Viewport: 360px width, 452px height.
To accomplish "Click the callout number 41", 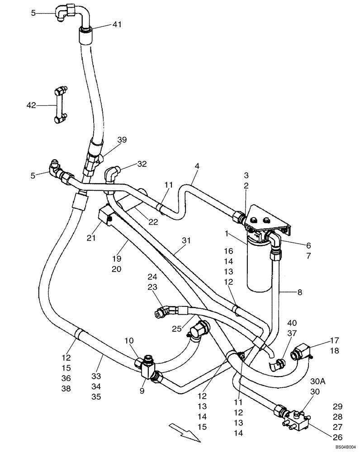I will [117, 24].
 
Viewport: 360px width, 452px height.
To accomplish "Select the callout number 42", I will [31, 105].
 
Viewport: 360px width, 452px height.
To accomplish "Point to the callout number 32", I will [142, 164].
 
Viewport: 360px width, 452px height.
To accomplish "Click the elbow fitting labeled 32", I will [113, 174].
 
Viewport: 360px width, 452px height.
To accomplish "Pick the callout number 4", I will [197, 166].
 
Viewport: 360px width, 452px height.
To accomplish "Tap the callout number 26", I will [337, 437].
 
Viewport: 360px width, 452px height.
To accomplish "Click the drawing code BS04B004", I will [346, 447].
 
